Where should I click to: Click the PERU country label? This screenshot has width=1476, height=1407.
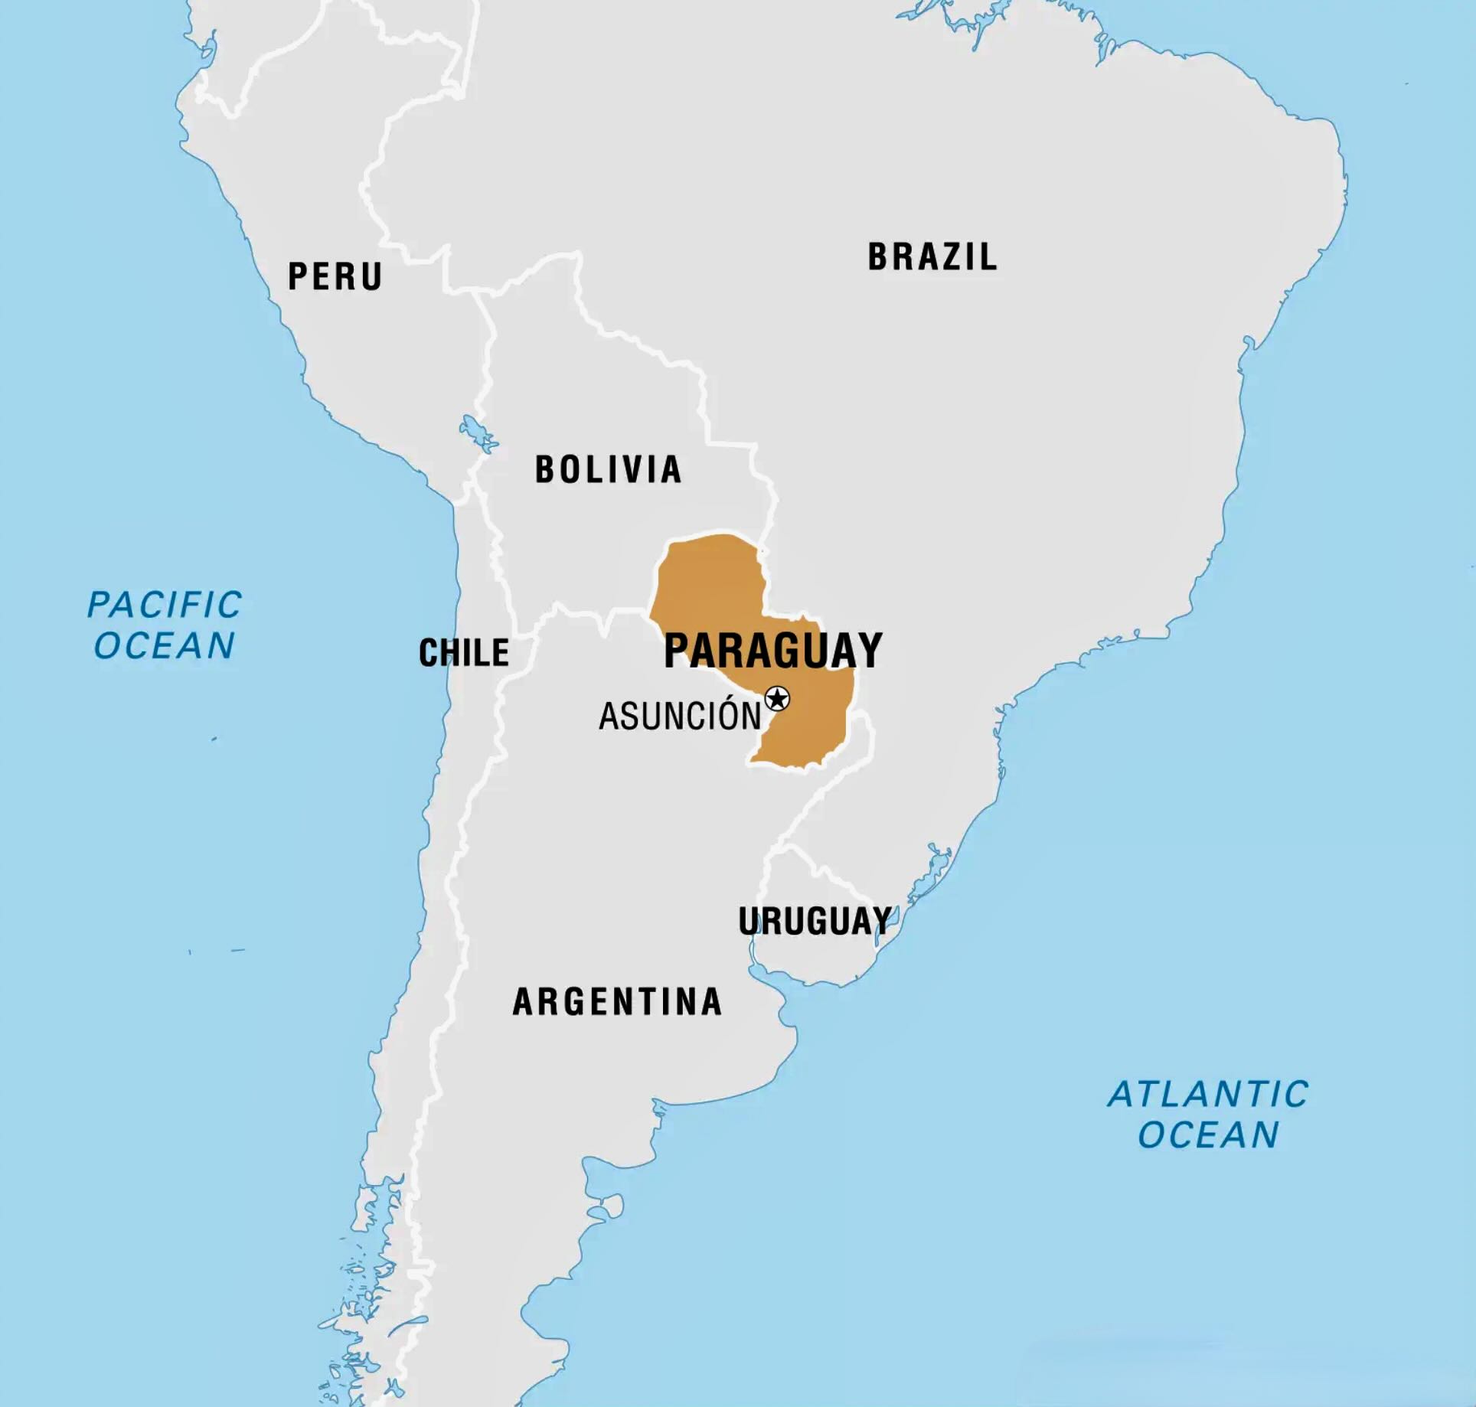335,276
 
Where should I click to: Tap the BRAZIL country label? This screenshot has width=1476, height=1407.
932,257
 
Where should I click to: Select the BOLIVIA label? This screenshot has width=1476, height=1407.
608,469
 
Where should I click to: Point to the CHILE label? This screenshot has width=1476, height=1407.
464,653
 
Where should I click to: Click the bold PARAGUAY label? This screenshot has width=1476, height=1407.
773,651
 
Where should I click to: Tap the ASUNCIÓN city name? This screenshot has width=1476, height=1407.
680,717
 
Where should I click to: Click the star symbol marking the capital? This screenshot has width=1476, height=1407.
777,698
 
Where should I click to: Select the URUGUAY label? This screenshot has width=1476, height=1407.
815,921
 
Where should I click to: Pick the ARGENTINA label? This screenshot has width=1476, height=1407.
617,1002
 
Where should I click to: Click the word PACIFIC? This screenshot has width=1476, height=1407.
165,605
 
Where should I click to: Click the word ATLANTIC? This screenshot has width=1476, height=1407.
1208,1094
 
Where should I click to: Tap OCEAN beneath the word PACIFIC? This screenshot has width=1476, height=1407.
165,645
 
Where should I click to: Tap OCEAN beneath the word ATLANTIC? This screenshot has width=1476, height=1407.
1208,1134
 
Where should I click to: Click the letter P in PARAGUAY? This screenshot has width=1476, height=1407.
677,651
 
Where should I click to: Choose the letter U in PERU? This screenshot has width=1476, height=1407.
371,276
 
